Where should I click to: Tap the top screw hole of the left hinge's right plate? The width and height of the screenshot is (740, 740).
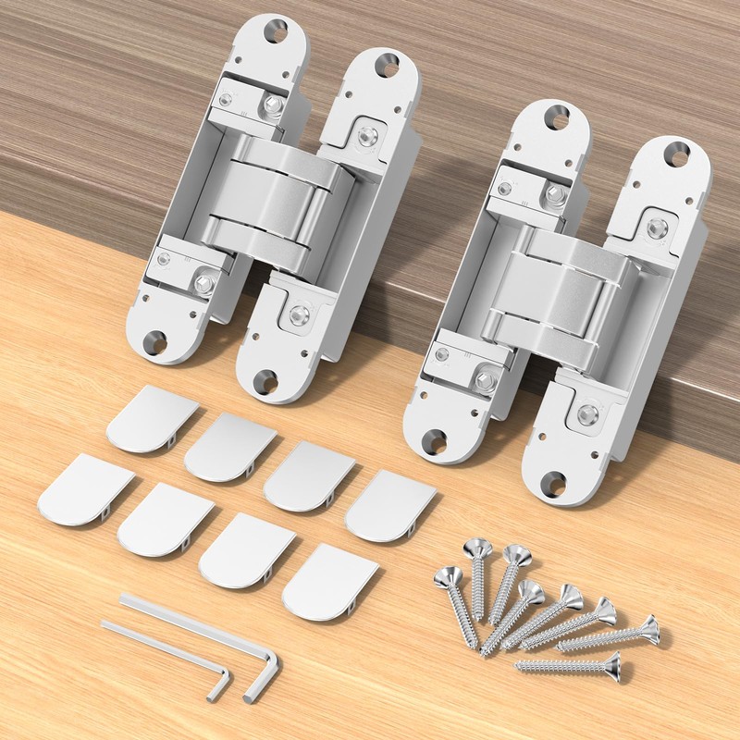click(x=386, y=65)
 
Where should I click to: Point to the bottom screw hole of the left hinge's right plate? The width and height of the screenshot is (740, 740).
click(x=265, y=378)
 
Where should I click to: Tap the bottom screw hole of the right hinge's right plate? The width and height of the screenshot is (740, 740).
click(x=552, y=481)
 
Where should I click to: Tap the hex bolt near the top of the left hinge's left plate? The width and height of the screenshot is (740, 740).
click(x=273, y=105)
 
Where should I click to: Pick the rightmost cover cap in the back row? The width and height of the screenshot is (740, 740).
click(x=389, y=505)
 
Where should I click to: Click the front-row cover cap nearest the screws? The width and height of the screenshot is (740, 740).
click(x=329, y=581)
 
